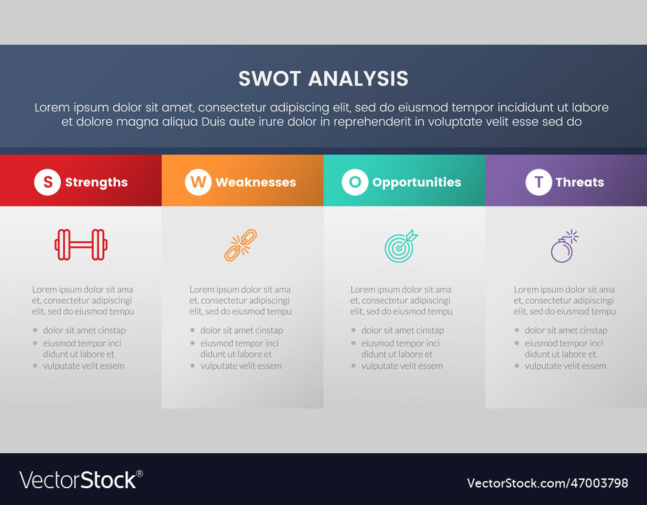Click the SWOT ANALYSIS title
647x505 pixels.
click(x=323, y=78)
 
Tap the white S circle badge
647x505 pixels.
click(x=47, y=183)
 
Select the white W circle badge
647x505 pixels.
click(x=198, y=183)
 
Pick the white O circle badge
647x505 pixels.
click(x=355, y=183)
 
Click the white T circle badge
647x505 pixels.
click(x=538, y=183)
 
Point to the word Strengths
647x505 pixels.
click(x=96, y=183)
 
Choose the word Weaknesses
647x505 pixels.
click(x=256, y=183)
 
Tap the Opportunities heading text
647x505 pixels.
click(x=417, y=183)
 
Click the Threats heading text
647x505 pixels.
click(x=580, y=183)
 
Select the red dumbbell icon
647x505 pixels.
click(x=81, y=245)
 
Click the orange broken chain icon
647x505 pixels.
click(x=241, y=245)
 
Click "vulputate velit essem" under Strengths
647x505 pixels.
click(x=83, y=366)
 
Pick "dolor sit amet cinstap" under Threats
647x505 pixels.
click(x=566, y=330)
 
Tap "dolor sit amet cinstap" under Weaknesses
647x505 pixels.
click(x=241, y=330)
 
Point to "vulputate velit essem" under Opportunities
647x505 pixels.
click(x=402, y=366)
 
